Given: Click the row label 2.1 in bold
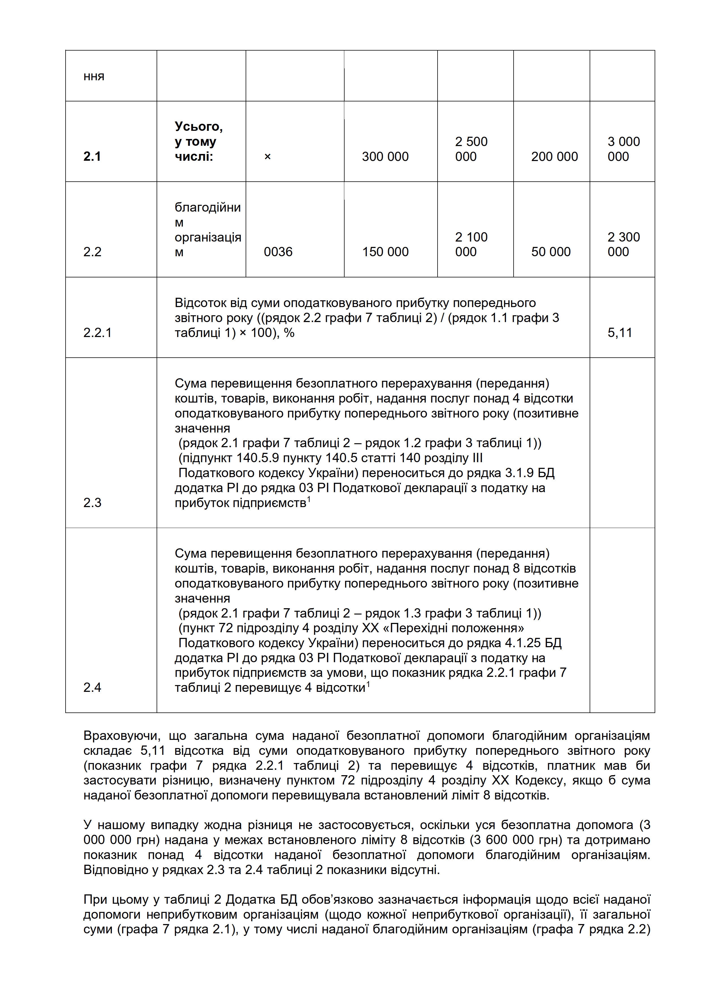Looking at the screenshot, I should tap(92, 156).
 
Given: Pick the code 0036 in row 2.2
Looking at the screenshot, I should tap(278, 252).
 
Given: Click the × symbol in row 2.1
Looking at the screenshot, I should tap(267, 156).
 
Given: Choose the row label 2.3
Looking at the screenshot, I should tap(92, 502).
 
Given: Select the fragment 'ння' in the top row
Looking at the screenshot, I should tap(94, 76).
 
